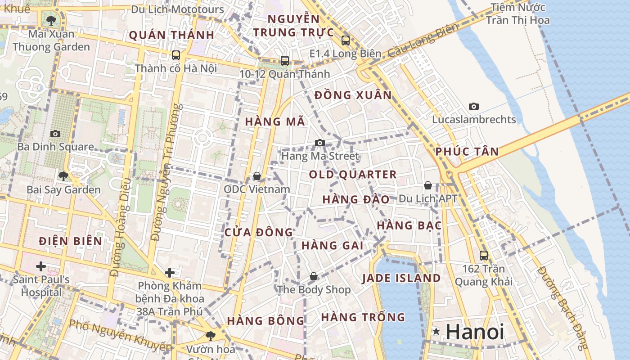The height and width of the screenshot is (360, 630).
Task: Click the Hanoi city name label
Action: [x=475, y=332]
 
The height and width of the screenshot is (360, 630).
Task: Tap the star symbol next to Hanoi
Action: [x=436, y=332]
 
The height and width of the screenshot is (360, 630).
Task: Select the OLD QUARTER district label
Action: [x=353, y=175]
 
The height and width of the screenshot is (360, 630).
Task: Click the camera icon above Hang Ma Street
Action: [x=320, y=143]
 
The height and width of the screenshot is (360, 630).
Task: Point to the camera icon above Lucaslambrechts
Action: [x=473, y=107]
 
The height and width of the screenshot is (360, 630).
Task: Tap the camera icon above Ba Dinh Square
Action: [x=55, y=134]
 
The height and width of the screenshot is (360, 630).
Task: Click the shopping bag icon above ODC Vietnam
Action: [x=256, y=176]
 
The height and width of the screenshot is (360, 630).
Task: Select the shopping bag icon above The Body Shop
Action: [x=313, y=276]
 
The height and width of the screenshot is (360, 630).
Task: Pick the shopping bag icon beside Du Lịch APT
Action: [x=427, y=185]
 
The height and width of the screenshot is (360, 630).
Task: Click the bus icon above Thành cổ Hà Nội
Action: [x=176, y=55]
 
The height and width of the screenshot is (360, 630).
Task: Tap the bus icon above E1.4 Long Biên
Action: [x=345, y=40]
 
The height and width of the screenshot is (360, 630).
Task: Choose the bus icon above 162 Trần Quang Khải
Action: [x=484, y=256]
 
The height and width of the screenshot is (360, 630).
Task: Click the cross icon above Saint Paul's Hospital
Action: [x=41, y=266]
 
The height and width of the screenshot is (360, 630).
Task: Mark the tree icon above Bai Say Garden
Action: [x=63, y=176]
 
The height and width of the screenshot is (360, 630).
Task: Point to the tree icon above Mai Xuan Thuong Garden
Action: [x=52, y=20]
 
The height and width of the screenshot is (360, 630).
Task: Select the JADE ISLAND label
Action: [x=401, y=278]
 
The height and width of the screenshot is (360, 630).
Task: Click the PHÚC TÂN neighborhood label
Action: [x=467, y=152]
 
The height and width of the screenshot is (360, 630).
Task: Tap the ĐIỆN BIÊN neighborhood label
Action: [x=70, y=241]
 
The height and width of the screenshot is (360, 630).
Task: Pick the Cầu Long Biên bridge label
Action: [x=423, y=41]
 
